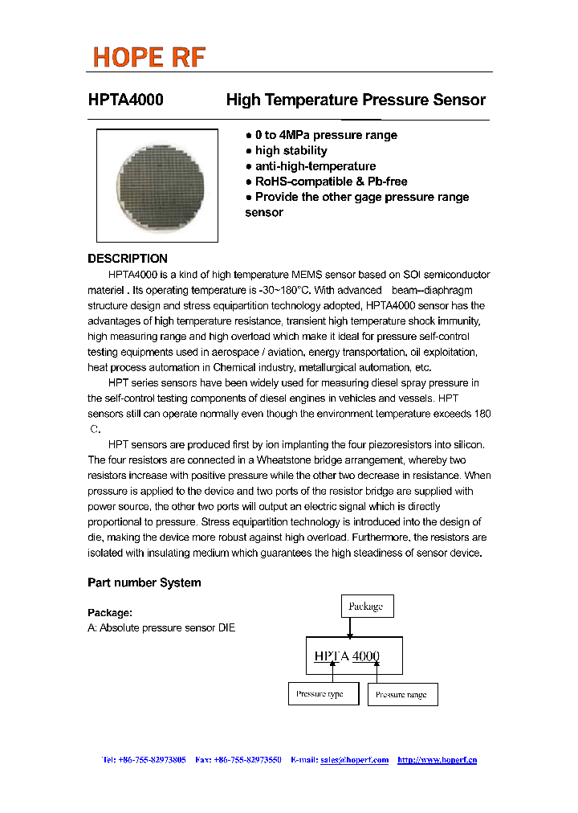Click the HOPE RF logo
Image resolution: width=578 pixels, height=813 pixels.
click(149, 57)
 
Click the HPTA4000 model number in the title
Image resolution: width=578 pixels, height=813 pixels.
click(125, 100)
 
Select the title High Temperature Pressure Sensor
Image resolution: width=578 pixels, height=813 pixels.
click(356, 100)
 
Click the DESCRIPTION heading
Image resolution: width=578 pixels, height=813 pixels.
click(128, 259)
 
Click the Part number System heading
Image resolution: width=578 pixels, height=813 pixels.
click(144, 582)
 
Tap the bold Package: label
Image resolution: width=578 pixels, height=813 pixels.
click(110, 613)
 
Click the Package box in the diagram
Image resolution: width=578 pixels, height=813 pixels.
click(366, 607)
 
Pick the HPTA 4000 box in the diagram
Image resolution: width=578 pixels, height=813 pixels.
click(354, 656)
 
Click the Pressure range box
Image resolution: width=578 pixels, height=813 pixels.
click(402, 695)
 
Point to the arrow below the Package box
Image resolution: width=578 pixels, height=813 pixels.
click(349, 628)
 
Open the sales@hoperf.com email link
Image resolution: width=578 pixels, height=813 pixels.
click(354, 760)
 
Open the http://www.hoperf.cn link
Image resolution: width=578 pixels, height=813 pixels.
click(437, 760)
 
